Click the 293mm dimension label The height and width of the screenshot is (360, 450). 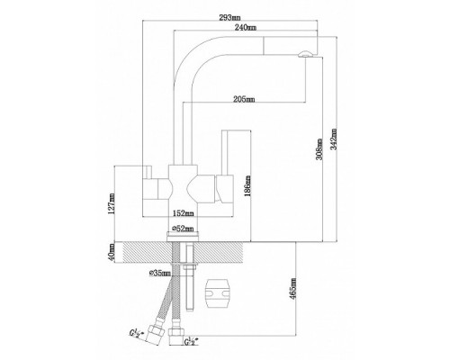pyautogui.click(x=229, y=18)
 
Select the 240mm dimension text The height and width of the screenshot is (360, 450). pyautogui.click(x=246, y=28)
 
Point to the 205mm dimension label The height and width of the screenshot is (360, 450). pyautogui.click(x=244, y=99)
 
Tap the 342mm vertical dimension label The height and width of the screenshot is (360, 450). pyautogui.click(x=334, y=139)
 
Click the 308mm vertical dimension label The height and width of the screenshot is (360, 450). pyautogui.click(x=319, y=149)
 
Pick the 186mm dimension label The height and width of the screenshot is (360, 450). pyautogui.click(x=247, y=186)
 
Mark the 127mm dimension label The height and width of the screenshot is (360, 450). pyautogui.click(x=112, y=203)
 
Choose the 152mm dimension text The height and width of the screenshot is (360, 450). pyautogui.click(x=184, y=213)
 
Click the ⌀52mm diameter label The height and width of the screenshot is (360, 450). pyautogui.click(x=183, y=229)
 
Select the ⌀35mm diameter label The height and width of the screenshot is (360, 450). pyautogui.click(x=160, y=273)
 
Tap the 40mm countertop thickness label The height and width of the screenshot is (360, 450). pyautogui.click(x=112, y=252)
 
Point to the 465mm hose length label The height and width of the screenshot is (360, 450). pyautogui.click(x=293, y=288)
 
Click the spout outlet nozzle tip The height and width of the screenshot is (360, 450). pyautogui.click(x=306, y=54)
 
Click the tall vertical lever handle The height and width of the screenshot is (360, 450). pyautogui.click(x=225, y=152)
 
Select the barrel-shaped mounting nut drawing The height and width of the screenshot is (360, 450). pyautogui.click(x=217, y=293)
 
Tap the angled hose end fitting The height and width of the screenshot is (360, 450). pyautogui.click(x=155, y=334)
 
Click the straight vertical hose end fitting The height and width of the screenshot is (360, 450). pyautogui.click(x=175, y=336)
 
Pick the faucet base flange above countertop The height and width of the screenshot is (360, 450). pyautogui.click(x=183, y=237)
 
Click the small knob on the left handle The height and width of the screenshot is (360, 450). pyautogui.click(x=148, y=172)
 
